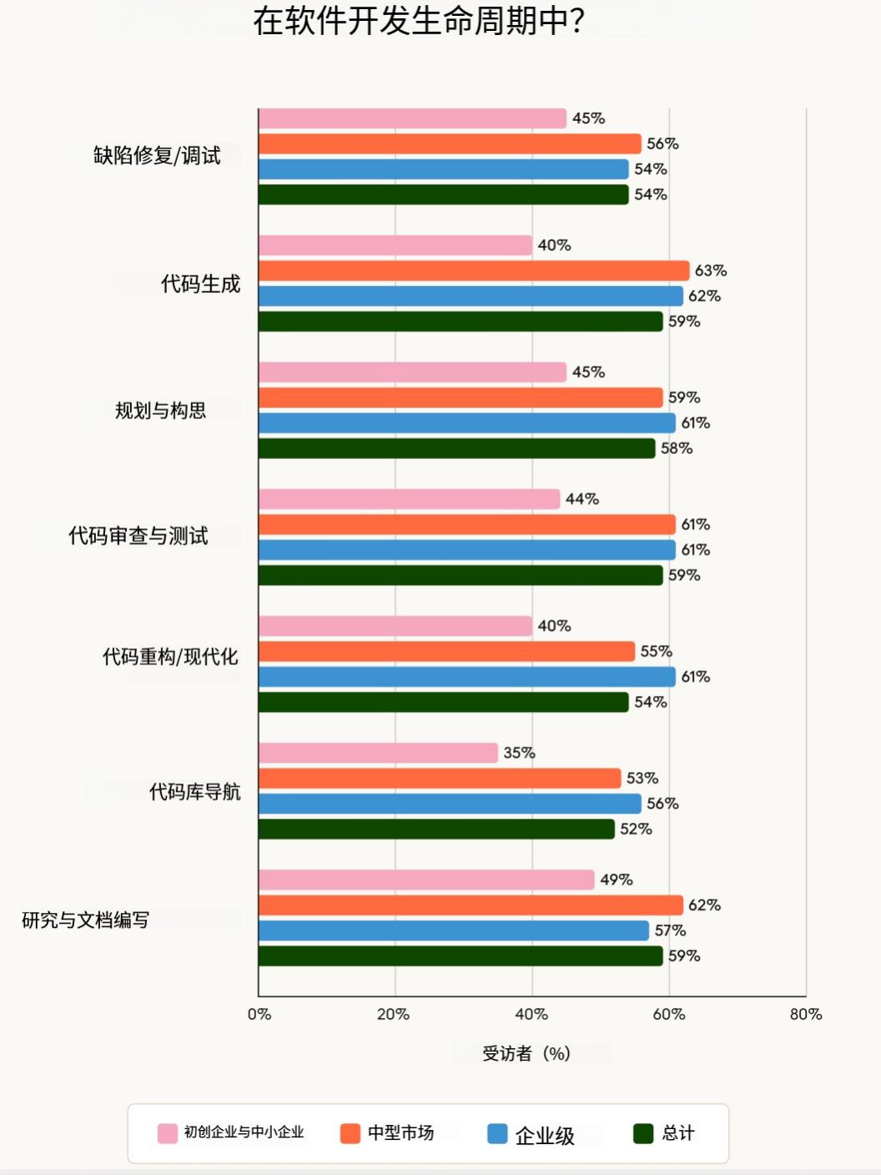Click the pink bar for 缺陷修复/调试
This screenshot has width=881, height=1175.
412,119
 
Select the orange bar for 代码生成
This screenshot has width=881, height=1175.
474,271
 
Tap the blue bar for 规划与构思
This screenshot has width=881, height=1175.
467,423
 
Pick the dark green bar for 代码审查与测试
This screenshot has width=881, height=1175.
461,575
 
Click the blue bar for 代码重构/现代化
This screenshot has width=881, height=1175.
467,677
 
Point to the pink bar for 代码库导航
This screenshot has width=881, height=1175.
378,753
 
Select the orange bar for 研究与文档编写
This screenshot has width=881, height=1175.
471,905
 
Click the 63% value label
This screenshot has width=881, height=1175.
711,271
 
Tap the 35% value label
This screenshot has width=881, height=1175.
519,753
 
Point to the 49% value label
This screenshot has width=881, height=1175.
617,880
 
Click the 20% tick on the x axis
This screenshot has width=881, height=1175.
393,1014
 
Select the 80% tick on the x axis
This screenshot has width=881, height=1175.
806,1014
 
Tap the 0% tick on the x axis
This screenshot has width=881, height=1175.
259,1014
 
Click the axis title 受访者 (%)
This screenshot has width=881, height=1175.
526,1053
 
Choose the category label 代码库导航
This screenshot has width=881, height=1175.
194,791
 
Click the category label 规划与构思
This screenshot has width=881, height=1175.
161,411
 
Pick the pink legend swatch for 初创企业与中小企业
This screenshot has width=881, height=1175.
168,1133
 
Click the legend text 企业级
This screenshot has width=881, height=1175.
545,1135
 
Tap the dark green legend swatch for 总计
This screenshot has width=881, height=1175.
643,1133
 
